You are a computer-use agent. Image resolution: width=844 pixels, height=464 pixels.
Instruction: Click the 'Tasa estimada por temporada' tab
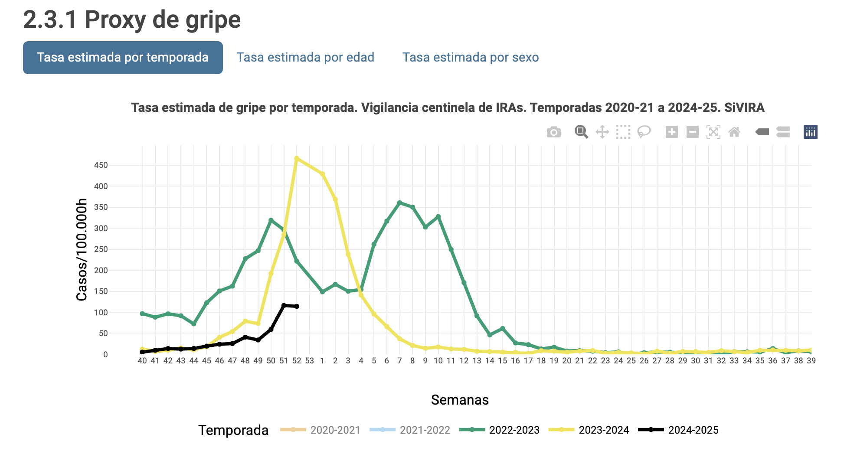click(x=123, y=58)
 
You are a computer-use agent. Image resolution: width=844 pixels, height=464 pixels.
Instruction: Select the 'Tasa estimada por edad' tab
click(x=305, y=58)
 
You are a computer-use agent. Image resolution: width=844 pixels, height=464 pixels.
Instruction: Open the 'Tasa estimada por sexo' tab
click(x=471, y=58)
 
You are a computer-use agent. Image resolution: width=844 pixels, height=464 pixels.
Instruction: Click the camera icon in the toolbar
click(x=553, y=132)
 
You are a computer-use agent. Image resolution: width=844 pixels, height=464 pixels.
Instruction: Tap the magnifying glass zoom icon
click(x=581, y=132)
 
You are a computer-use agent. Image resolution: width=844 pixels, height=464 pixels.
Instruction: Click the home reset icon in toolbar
click(x=734, y=132)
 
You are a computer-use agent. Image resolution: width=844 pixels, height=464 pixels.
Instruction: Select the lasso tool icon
click(x=644, y=132)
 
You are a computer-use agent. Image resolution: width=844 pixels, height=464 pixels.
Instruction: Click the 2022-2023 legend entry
click(x=500, y=430)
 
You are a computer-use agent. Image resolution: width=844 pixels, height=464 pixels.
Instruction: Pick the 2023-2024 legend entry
click(x=589, y=430)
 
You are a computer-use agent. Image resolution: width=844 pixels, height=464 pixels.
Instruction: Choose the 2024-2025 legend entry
click(x=679, y=430)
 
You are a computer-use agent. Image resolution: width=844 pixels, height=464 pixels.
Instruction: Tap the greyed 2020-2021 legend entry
click(x=321, y=430)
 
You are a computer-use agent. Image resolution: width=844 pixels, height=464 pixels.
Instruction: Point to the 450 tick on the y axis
click(x=101, y=165)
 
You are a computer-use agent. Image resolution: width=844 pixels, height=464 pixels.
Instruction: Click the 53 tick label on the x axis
click(x=309, y=361)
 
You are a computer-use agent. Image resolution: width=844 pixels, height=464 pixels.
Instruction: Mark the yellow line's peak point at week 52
click(x=297, y=158)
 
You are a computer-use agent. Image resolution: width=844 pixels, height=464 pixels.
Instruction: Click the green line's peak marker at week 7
click(x=399, y=203)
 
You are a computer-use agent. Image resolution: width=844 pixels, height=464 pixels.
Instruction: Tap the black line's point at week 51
click(x=284, y=305)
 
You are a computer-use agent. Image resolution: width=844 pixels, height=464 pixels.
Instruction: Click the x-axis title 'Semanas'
click(x=460, y=400)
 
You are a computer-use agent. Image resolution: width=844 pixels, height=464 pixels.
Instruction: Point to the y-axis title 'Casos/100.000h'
click(x=82, y=250)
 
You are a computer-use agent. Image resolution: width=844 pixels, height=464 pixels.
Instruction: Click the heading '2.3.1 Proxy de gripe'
click(x=132, y=20)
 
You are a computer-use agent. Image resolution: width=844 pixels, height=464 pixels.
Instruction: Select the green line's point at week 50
click(x=271, y=220)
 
